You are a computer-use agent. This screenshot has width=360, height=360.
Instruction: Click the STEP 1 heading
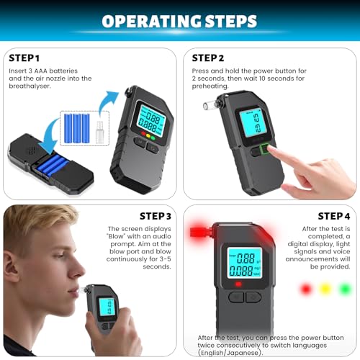click(x=25, y=57)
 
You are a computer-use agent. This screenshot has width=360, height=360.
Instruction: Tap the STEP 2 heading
click(x=208, y=57)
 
